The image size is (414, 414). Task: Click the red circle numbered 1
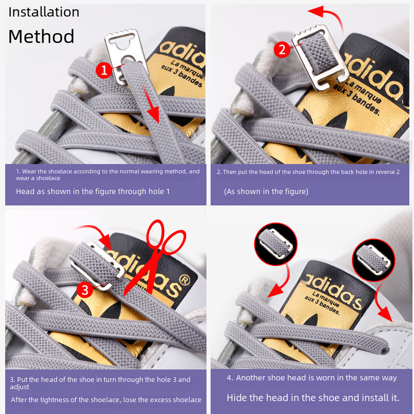(x=104, y=70)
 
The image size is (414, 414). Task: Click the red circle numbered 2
(x=282, y=49)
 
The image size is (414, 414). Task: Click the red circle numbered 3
(x=85, y=290)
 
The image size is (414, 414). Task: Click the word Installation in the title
(x=44, y=12)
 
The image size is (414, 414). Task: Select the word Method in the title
(x=41, y=36)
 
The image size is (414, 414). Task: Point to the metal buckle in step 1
(x=126, y=56)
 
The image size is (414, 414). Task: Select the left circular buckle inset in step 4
(x=276, y=244)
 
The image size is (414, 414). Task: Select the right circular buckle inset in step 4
(x=374, y=260)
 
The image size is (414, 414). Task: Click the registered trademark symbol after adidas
(x=184, y=280)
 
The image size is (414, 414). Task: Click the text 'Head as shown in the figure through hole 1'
(x=93, y=191)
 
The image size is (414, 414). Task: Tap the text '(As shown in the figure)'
(x=266, y=191)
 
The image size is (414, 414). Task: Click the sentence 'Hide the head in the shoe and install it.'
(x=313, y=397)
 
